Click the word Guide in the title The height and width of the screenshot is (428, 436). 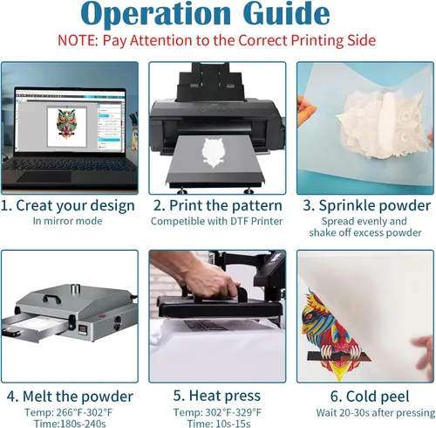pos(286,13)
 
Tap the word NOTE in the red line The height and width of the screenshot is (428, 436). pos(78,40)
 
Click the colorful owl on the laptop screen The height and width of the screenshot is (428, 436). pos(67,124)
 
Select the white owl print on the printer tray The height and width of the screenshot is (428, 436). pos(213,152)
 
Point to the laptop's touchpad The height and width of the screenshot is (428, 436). pos(44,176)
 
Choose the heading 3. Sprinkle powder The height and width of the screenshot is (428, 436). pos(366,205)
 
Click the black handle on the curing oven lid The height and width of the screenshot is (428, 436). pos(51,299)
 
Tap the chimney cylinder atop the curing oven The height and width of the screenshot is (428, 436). pos(75,289)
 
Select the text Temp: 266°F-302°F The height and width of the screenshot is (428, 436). pos(68,412)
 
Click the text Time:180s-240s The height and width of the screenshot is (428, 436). pos(70,423)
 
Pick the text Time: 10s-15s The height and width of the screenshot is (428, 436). pos(219,423)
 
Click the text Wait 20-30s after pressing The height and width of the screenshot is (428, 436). pos(376,412)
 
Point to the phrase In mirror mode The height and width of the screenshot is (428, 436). pos(67,221)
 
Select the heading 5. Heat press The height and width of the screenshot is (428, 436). pos(217,396)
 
